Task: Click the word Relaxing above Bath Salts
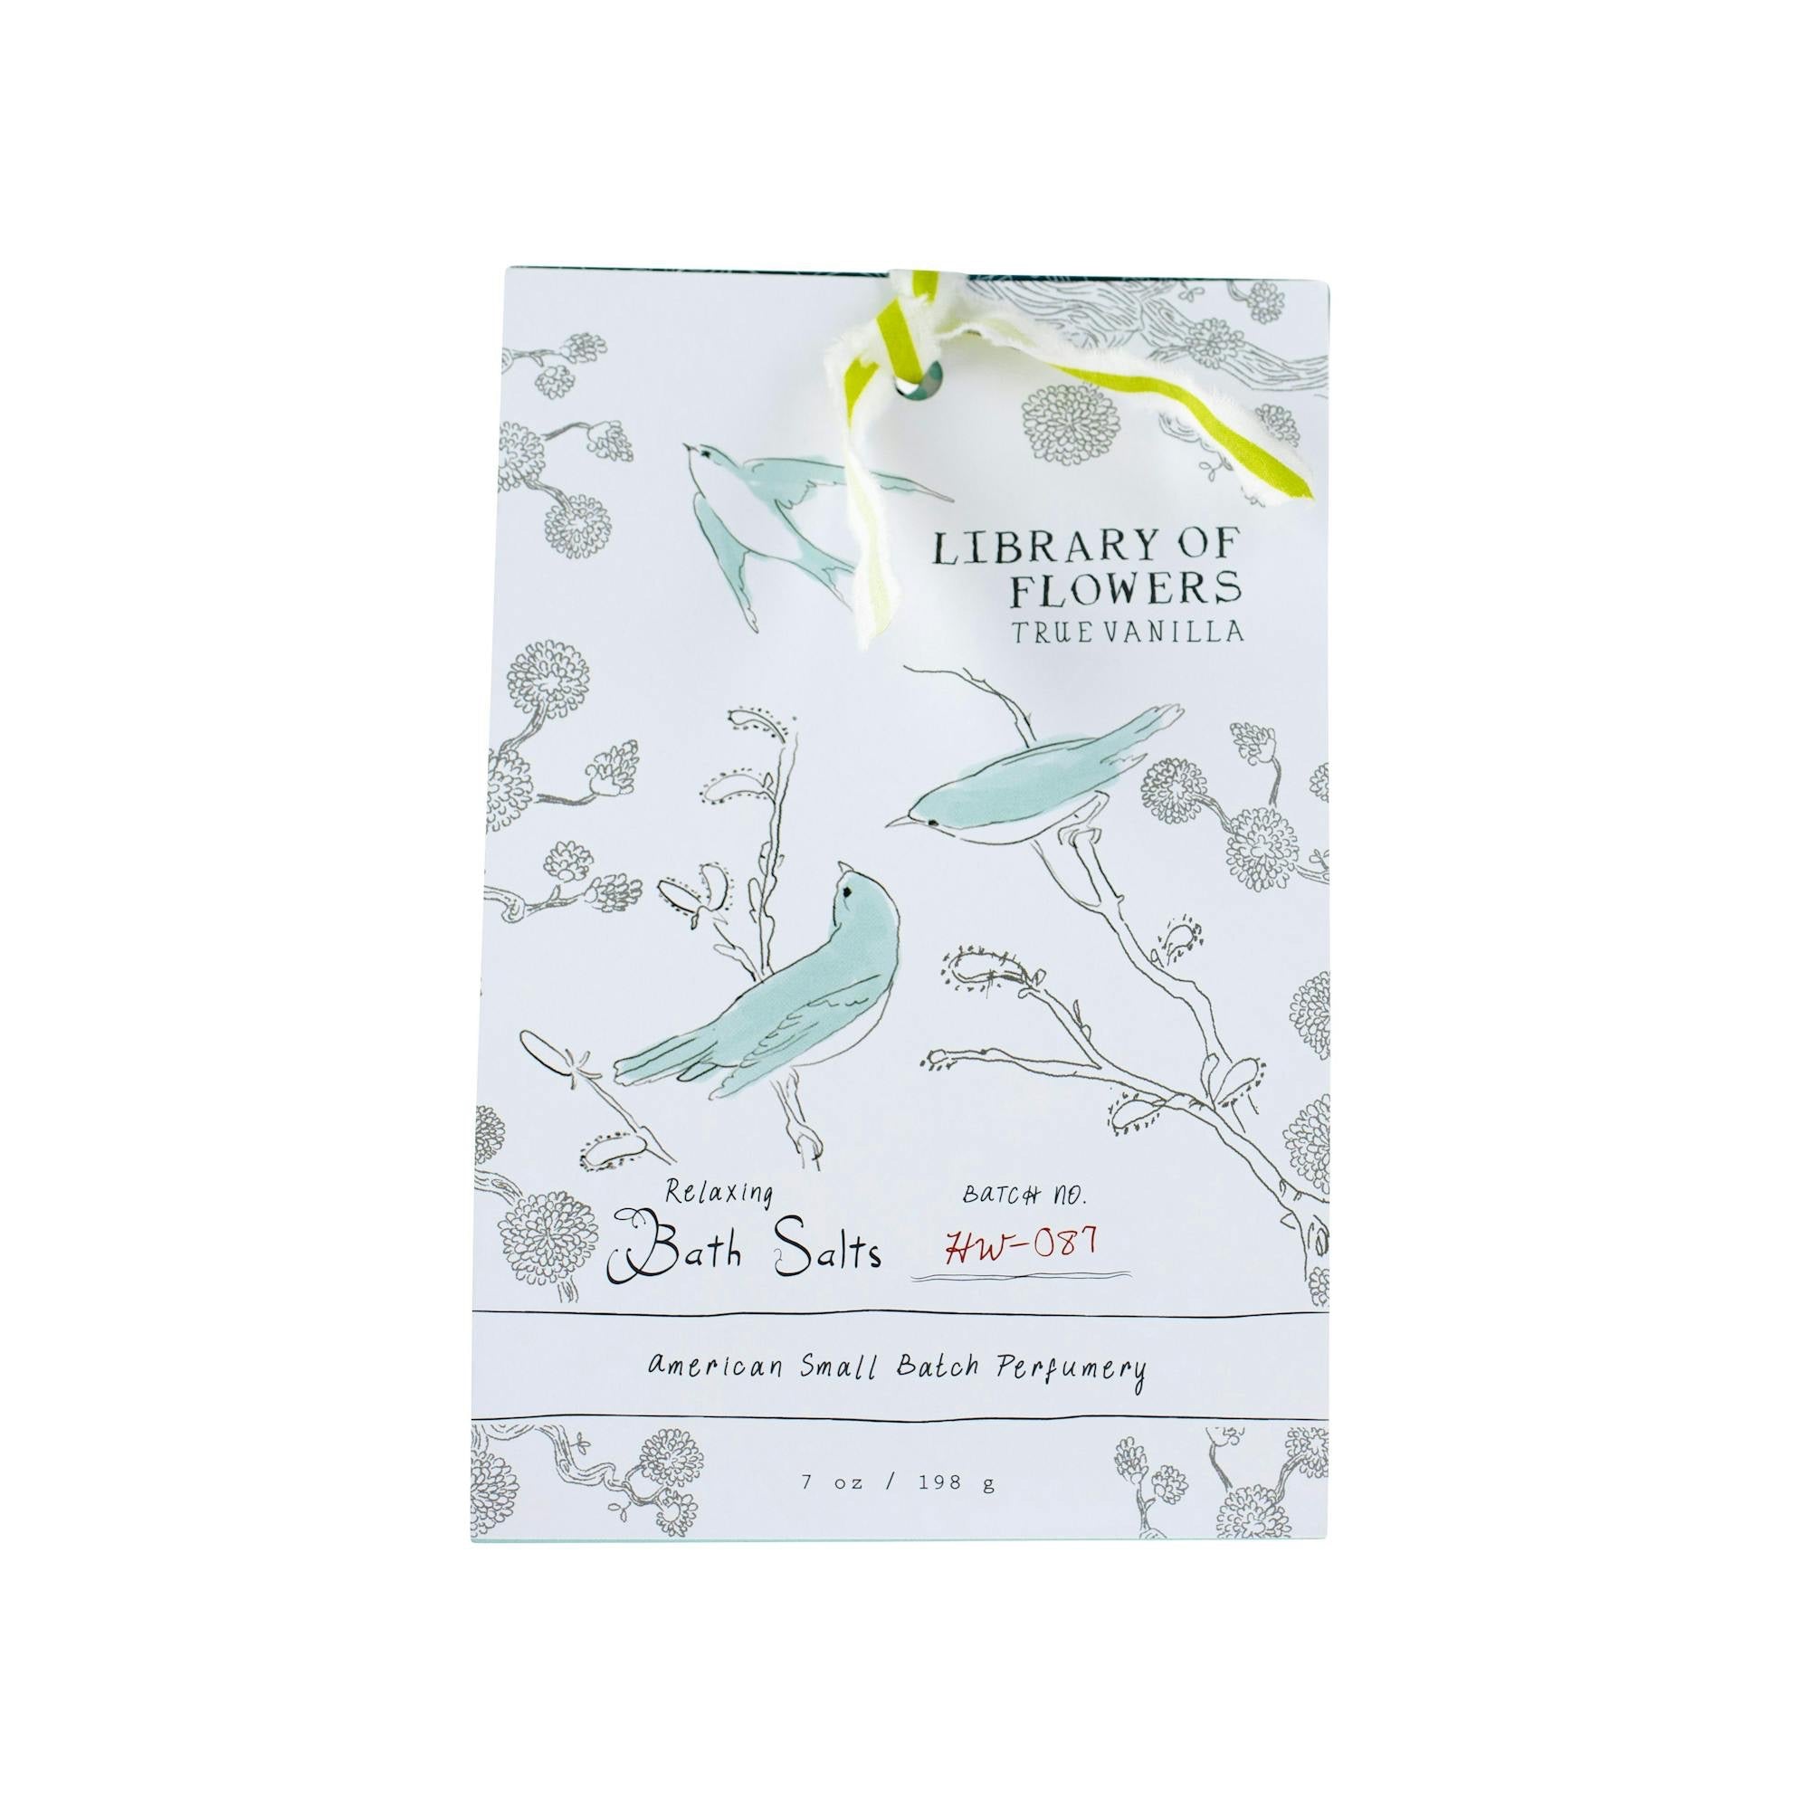pos(719,1195)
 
